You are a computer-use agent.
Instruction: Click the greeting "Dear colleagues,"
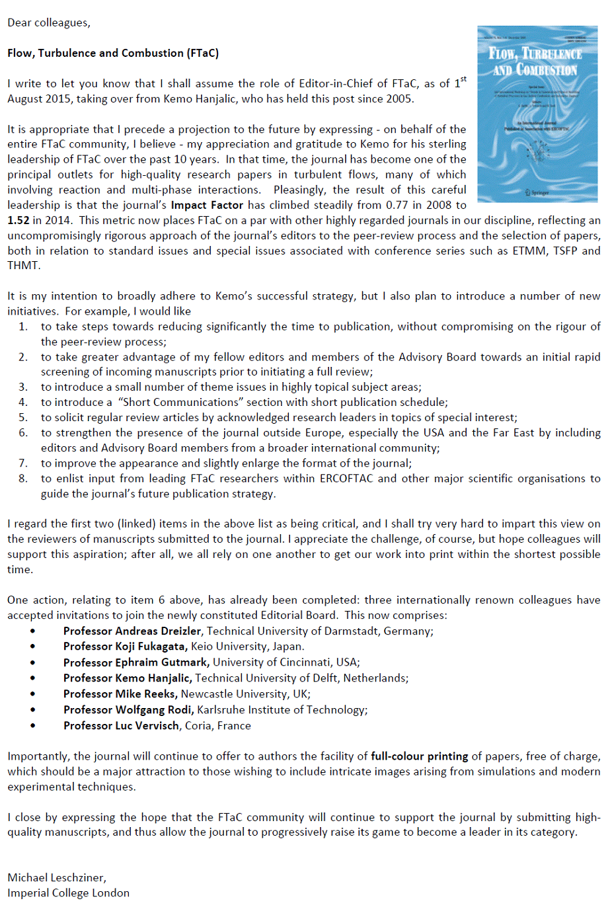(49, 22)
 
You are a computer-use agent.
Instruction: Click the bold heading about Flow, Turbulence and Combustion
(113, 53)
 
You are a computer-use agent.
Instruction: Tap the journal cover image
(537, 114)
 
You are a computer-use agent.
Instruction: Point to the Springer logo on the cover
(537, 192)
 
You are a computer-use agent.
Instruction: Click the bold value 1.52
(19, 220)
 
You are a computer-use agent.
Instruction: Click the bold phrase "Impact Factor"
(207, 205)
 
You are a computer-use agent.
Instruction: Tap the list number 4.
(23, 402)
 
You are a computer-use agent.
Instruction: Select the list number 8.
(23, 478)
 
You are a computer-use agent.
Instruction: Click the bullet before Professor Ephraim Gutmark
(33, 662)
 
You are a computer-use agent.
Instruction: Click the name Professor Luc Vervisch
(121, 726)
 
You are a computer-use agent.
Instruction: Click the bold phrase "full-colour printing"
(419, 756)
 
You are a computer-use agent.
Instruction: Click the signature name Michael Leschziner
(57, 877)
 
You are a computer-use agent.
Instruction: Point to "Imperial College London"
(69, 893)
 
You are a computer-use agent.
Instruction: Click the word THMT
(24, 265)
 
